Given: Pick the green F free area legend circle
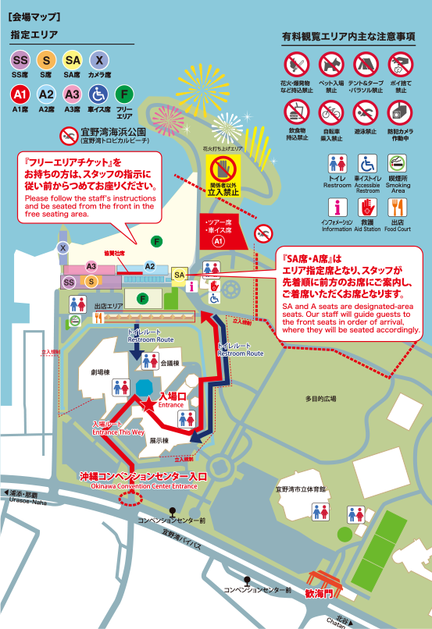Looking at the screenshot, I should (x=123, y=94).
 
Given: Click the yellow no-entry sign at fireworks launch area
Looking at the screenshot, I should (x=223, y=169).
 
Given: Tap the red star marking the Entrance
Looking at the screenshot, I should (x=147, y=403).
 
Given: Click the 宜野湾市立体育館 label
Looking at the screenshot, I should (x=300, y=489).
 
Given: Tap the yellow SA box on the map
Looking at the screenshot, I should (x=180, y=275).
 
